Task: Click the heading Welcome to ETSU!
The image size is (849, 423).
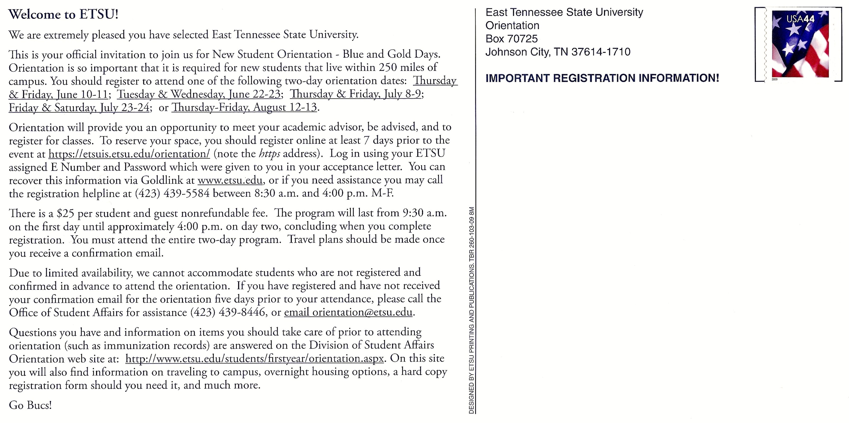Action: click(63, 15)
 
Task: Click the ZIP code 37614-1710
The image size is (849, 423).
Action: click(601, 52)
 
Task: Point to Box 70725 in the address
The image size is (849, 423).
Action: click(511, 39)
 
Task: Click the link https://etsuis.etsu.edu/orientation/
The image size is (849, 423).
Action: click(129, 154)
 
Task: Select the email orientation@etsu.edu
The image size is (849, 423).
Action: click(348, 312)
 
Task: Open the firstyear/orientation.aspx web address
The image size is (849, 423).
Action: click(255, 359)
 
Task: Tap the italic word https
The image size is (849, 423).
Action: click(269, 154)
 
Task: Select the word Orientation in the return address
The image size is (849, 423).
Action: click(512, 26)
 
